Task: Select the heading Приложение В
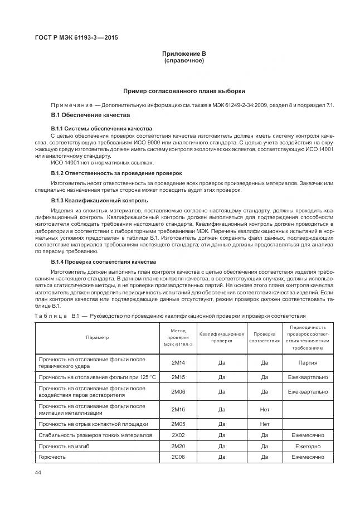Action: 184,53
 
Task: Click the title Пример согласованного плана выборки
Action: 184,91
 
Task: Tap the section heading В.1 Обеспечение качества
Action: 90,115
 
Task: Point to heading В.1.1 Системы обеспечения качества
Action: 93,129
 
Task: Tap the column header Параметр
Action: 98,337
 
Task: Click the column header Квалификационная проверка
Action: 222,337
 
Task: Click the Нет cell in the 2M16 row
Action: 265,409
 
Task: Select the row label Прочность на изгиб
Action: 62,445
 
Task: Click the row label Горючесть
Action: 52,457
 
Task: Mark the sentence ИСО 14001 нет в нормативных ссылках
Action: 102,162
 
